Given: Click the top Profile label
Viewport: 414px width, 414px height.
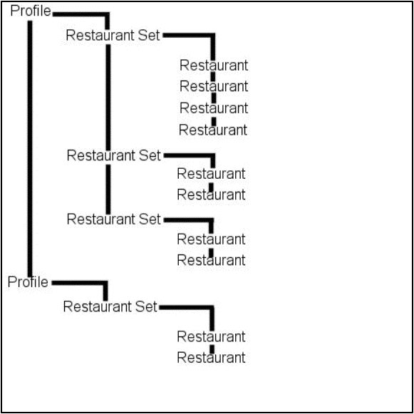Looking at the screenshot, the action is click(x=31, y=11).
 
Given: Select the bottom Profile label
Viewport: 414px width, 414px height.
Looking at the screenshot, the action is click(x=28, y=282).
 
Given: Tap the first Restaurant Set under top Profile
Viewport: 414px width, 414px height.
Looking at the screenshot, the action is click(x=113, y=35).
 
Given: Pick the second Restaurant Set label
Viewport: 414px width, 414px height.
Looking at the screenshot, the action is click(x=114, y=155).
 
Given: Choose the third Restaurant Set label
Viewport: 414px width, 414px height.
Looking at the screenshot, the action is click(x=114, y=219).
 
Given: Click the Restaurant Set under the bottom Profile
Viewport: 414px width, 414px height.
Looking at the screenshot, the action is click(x=110, y=306).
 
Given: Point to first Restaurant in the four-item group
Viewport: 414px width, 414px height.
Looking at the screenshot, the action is click(x=214, y=66).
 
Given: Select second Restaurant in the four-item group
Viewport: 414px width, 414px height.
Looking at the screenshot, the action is click(x=214, y=86).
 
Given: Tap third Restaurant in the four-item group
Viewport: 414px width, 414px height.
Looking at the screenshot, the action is click(x=214, y=108).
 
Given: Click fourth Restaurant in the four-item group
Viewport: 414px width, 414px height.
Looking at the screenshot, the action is click(x=213, y=130).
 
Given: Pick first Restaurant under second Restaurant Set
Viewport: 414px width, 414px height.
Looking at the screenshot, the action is click(x=211, y=174).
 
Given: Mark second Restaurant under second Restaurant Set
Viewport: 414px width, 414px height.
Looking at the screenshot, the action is click(x=211, y=195).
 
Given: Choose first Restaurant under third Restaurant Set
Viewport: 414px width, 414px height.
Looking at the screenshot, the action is click(x=211, y=239).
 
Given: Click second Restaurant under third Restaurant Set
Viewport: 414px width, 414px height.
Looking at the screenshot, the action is click(x=211, y=260).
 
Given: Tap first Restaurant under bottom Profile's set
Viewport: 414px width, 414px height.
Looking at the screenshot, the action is click(x=211, y=336).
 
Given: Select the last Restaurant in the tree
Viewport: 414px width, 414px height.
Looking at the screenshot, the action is click(x=211, y=358).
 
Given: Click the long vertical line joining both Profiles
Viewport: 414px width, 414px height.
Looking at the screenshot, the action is click(x=30, y=149).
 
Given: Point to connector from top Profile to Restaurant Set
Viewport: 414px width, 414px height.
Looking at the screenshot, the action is click(x=107, y=14).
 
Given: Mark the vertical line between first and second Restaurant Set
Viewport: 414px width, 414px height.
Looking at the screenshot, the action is click(x=108, y=97).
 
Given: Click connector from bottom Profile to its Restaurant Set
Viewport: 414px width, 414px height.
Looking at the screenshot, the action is click(x=105, y=283).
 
